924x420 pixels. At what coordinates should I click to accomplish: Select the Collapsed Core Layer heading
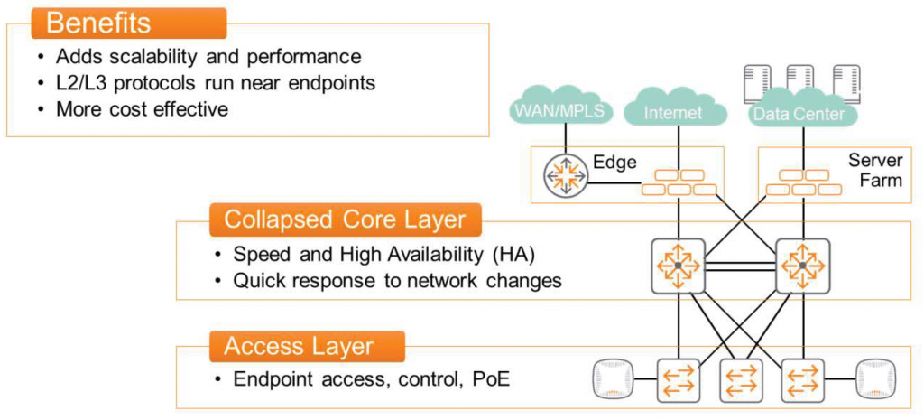tap(345, 219)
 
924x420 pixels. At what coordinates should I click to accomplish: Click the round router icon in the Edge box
tap(565, 176)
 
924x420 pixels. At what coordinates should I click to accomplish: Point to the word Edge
tap(614, 163)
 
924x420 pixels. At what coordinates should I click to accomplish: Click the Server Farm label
tap(874, 170)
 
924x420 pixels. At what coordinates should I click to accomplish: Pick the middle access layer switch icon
tap(740, 379)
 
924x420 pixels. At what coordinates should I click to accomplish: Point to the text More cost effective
tap(142, 109)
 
